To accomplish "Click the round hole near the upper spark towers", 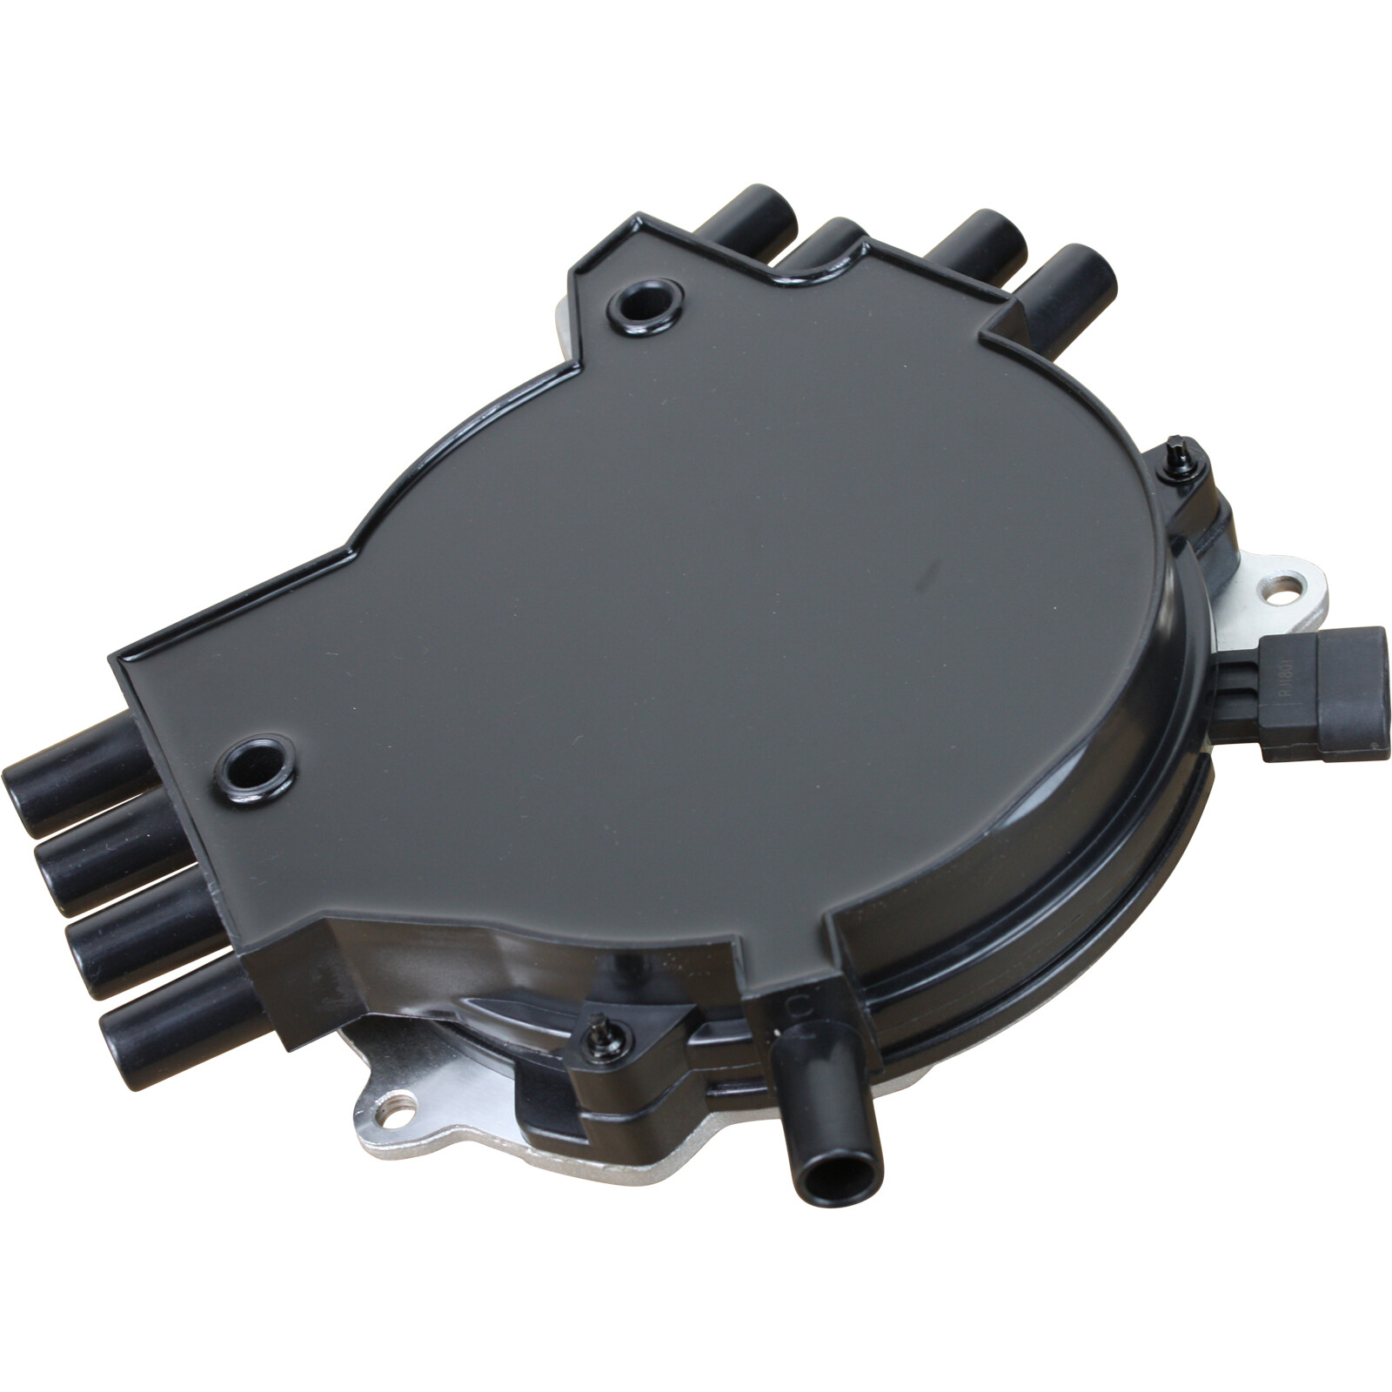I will [x=645, y=306].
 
